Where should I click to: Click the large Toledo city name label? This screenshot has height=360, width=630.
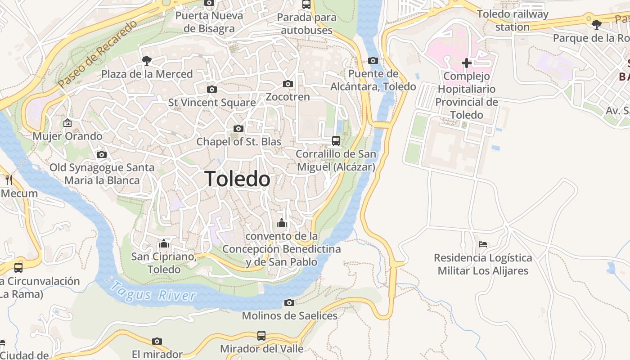pos(237,179)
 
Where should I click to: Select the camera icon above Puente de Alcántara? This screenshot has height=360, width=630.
pos(373,61)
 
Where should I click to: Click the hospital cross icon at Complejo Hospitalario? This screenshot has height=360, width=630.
pos(467,63)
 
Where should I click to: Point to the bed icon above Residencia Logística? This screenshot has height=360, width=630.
pos(483,244)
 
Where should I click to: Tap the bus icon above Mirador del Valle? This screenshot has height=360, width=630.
pos(261,335)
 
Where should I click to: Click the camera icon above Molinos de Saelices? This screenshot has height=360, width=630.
pos(289,302)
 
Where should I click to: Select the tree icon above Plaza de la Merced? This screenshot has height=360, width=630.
pos(146,60)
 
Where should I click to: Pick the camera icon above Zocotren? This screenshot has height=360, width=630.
pos(288,84)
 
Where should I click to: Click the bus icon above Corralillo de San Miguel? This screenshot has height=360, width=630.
pos(336,141)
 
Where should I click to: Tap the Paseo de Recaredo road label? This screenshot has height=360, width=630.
pos(97,54)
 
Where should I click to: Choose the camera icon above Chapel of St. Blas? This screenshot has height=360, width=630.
pos(238,129)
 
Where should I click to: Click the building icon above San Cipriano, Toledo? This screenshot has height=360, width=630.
pos(163,243)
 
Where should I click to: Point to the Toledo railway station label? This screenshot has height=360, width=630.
pos(513,20)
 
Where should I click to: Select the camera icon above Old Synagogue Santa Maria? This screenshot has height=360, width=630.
pos(102,155)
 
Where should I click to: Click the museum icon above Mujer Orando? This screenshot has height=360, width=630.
pos(67,122)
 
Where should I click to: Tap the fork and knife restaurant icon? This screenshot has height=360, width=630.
pos(9,180)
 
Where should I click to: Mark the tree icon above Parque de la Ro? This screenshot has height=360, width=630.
pos(597,25)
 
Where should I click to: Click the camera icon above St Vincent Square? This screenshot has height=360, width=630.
pos(211,90)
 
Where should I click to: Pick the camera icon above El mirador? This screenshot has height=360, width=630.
pos(157,342)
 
